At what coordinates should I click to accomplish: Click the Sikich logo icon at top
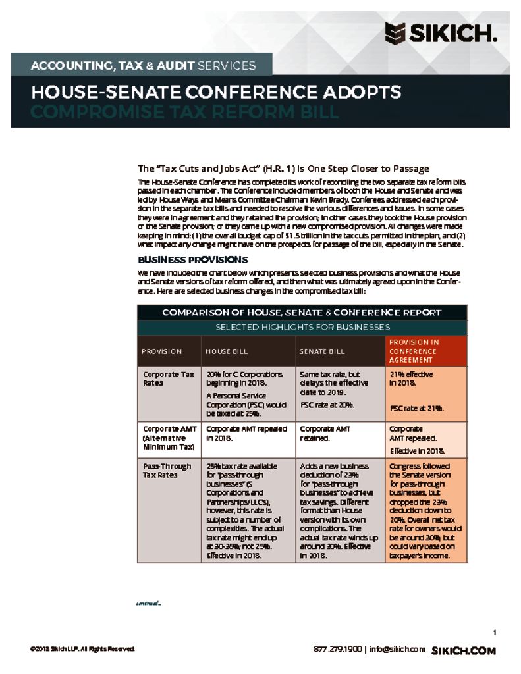tap(395, 32)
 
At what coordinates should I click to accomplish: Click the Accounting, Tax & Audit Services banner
tap(143, 65)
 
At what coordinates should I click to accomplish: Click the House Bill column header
tap(227, 351)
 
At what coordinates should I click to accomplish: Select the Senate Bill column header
tap(322, 351)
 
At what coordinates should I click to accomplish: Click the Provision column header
tap(161, 351)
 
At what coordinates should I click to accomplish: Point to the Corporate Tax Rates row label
tap(169, 378)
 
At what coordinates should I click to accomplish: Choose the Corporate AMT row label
tap(169, 438)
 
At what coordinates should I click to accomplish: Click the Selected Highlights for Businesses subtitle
tap(302, 327)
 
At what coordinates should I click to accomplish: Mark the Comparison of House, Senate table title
tap(302, 313)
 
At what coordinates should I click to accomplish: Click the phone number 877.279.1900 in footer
tap(338, 650)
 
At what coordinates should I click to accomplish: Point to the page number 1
tap(494, 633)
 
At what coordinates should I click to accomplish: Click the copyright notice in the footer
tap(82, 650)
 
